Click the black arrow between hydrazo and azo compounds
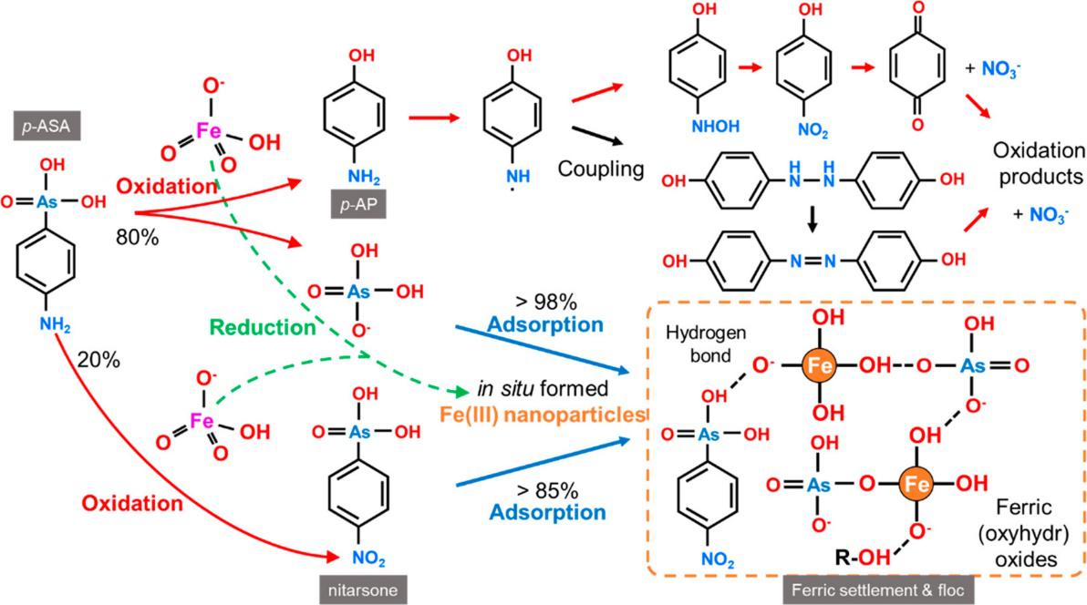812,220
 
